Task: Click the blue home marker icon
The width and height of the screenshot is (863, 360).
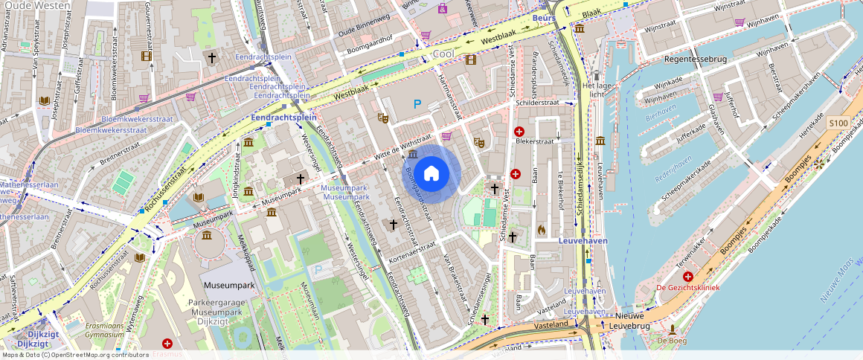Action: (x=431, y=174)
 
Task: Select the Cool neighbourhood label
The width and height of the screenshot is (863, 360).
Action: (x=443, y=55)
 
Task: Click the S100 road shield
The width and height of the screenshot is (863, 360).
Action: (x=838, y=123)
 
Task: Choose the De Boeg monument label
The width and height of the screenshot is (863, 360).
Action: (x=672, y=341)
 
